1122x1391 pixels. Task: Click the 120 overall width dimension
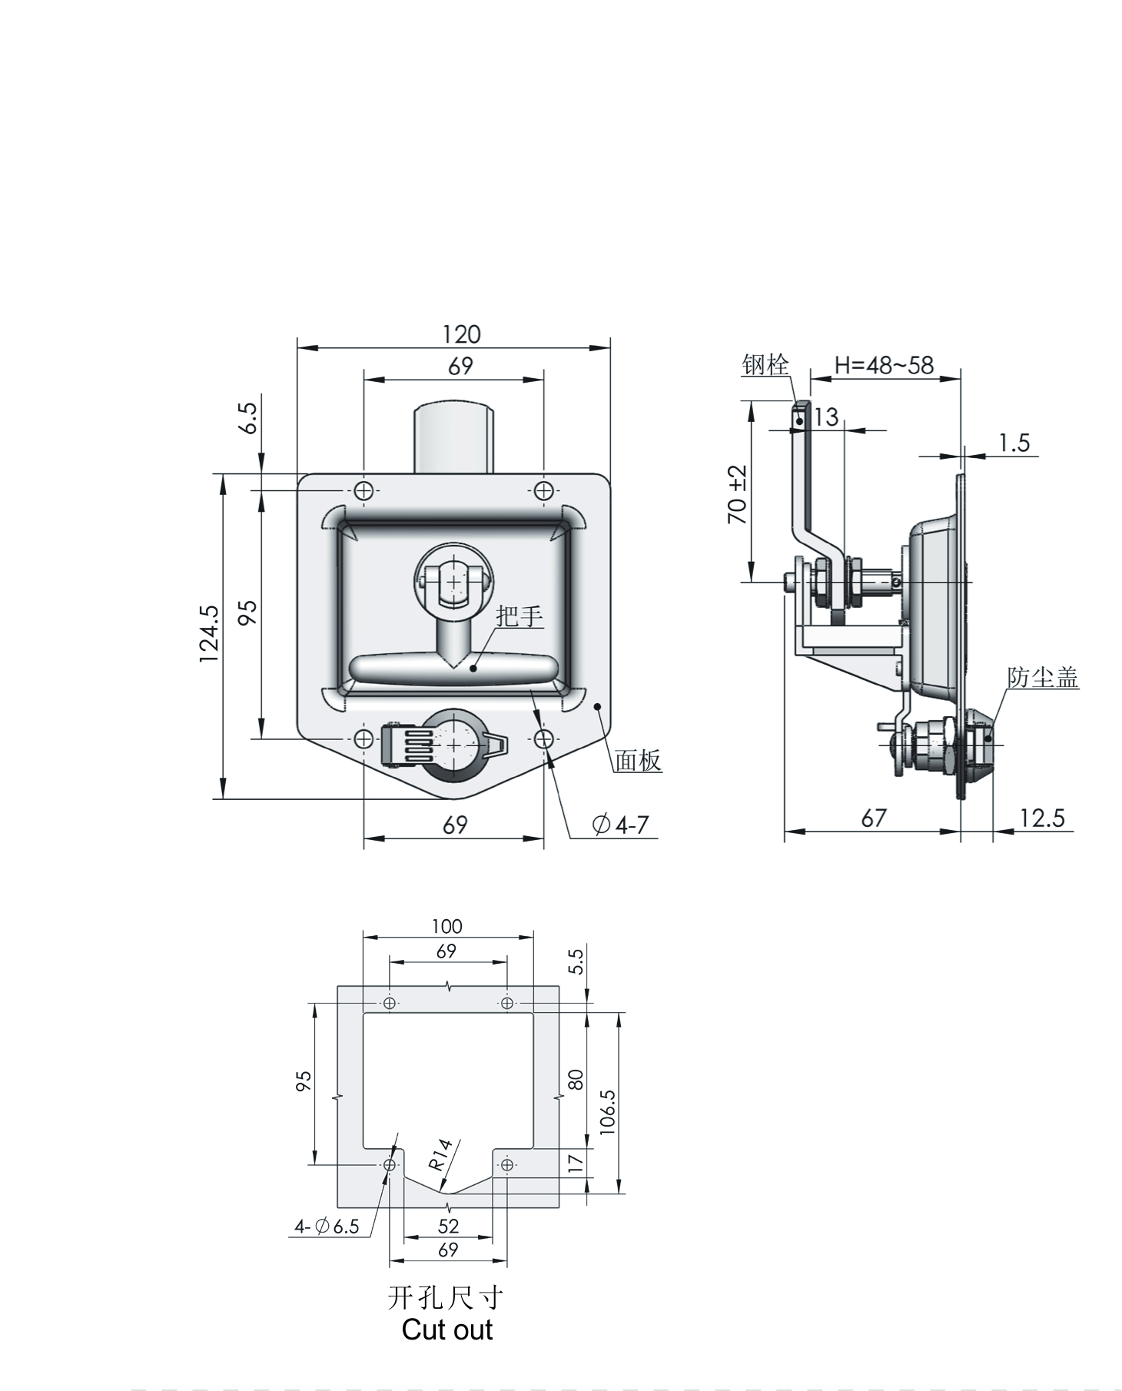[x=461, y=334]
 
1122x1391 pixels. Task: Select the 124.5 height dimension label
[x=209, y=634]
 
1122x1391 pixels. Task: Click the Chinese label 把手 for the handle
[x=520, y=616]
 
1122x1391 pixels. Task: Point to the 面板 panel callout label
[x=638, y=760]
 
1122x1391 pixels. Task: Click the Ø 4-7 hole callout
[x=621, y=825]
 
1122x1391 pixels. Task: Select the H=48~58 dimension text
[x=884, y=364]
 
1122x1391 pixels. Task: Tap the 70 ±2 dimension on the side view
[x=738, y=494]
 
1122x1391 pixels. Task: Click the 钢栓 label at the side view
[x=765, y=364]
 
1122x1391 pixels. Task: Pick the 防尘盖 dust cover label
[x=1043, y=677]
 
